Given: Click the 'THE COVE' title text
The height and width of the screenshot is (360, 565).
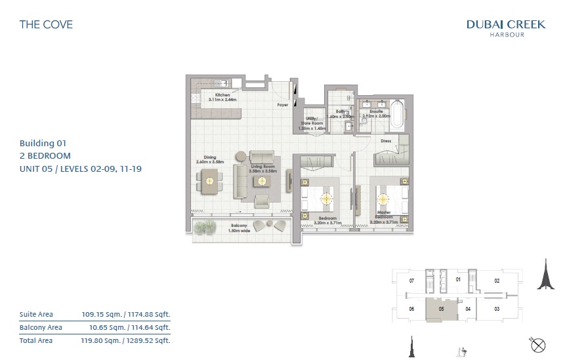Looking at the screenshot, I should click(x=46, y=24).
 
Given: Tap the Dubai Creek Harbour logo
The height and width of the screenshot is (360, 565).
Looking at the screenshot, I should click(x=505, y=28).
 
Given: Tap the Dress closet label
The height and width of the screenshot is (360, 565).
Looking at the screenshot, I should click(x=386, y=140).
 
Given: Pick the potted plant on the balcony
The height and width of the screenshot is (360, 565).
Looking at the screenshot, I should click(x=205, y=227).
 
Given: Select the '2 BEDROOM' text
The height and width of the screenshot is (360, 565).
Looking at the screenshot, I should click(x=45, y=155).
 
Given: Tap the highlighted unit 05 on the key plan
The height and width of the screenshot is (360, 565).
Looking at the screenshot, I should click(x=442, y=309).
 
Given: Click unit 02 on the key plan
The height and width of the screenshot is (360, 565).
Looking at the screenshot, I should click(x=497, y=281).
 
